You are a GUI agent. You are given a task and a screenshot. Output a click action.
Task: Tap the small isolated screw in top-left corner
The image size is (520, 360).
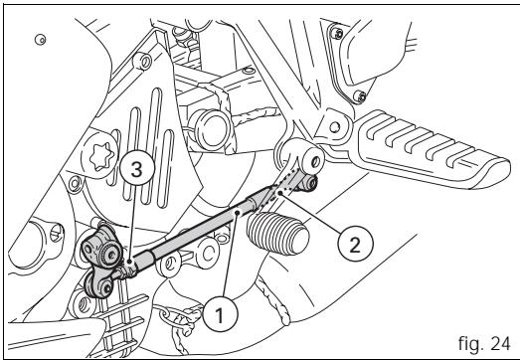click(39, 40)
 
